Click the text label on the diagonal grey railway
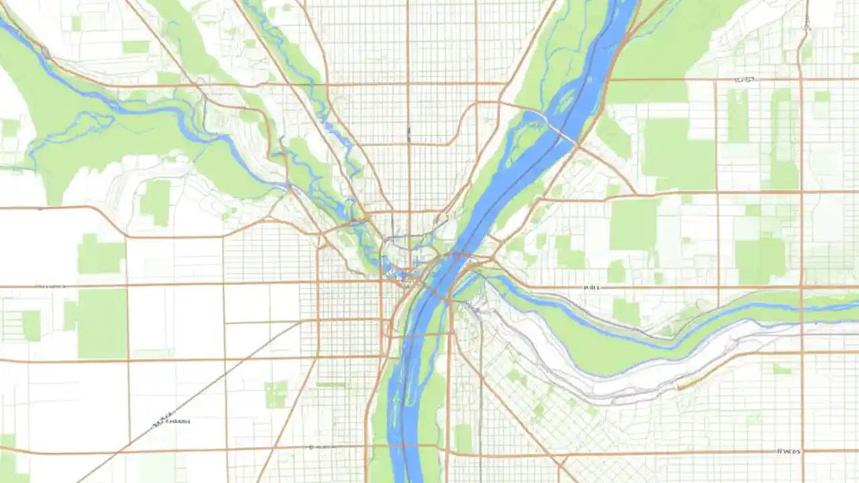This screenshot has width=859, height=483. click(171, 421)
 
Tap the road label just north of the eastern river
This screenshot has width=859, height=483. click(591, 286)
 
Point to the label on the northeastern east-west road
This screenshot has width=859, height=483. click(743, 79)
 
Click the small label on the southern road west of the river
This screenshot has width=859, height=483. click(320, 447)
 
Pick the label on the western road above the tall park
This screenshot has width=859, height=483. click(50, 286)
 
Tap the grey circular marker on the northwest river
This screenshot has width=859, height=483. click(46, 52)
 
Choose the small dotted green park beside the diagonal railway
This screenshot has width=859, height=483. click(275, 394)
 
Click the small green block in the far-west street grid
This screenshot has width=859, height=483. click(31, 325)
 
